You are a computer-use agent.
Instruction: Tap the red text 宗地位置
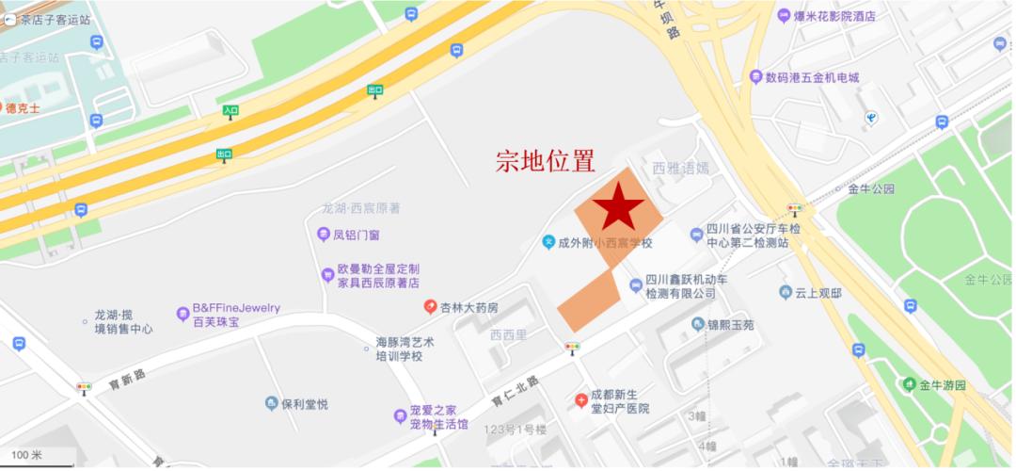546,161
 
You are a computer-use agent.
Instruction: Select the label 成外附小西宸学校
605,243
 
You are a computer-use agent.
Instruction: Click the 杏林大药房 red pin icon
430,307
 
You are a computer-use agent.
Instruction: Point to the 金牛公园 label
871,188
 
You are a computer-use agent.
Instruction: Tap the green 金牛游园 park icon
910,385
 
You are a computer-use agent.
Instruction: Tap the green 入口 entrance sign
230,111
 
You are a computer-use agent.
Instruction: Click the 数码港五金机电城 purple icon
754,77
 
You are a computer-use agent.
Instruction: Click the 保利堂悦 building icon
271,404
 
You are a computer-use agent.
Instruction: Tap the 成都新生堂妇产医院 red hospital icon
581,400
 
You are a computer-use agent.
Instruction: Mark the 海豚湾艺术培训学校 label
406,349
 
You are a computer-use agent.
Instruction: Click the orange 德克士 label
23,108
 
